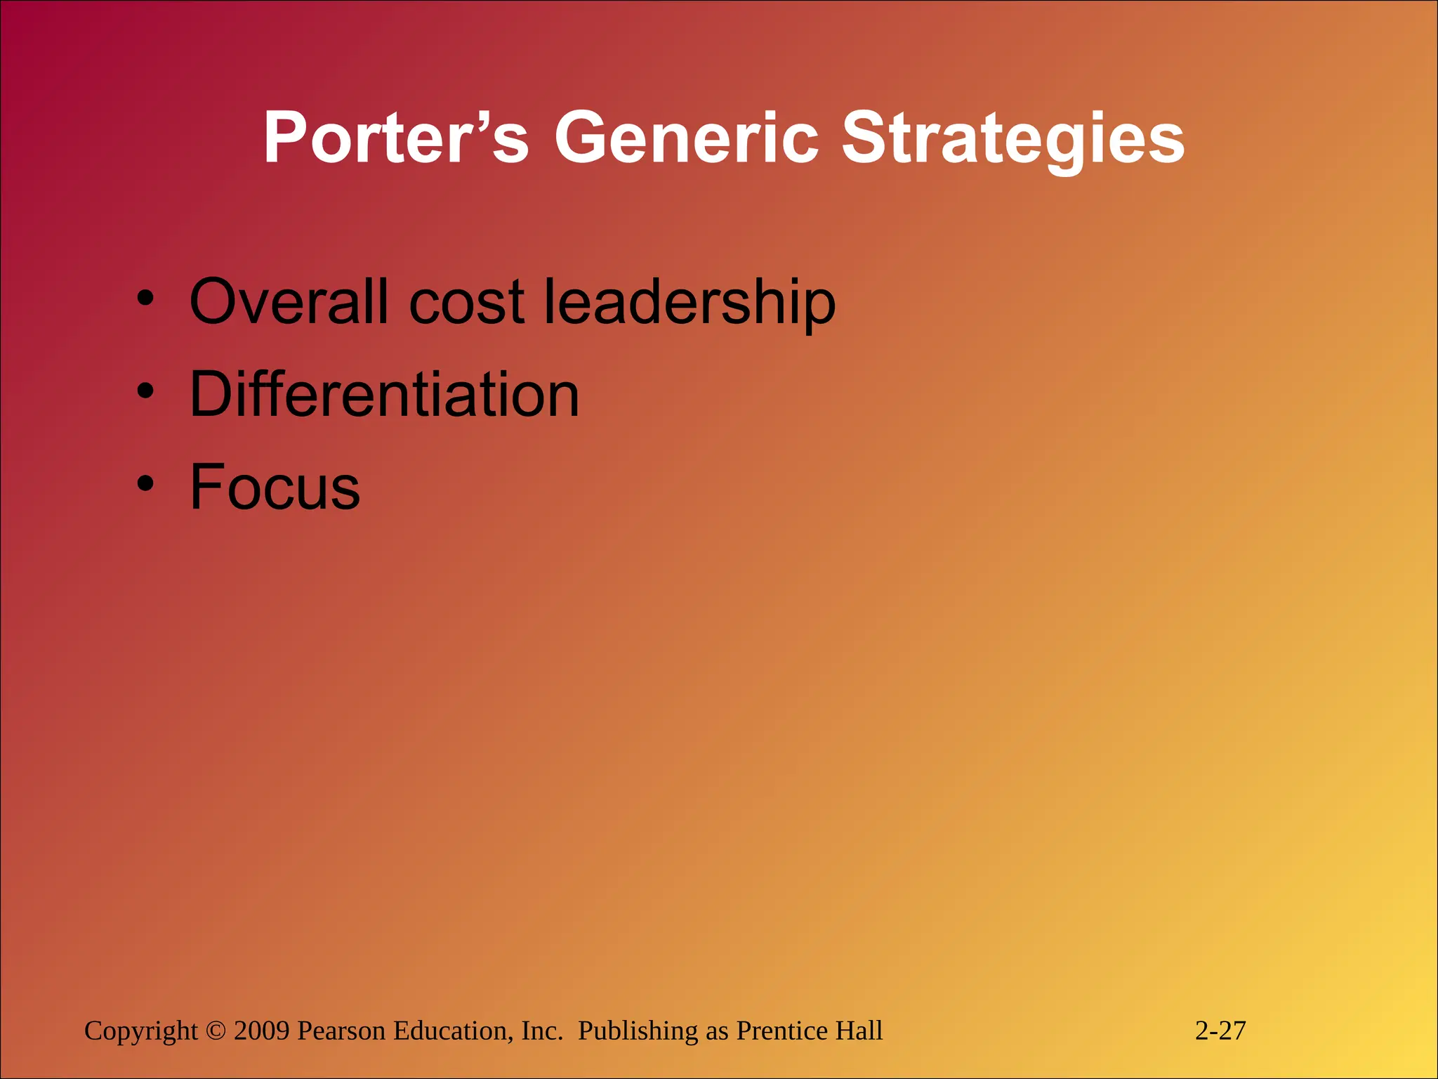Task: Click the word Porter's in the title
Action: pos(395,138)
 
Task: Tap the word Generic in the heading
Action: pos(686,138)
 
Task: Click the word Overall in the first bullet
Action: pos(289,301)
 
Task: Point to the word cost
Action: pos(466,303)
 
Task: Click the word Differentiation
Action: pos(385,395)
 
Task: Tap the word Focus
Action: pos(275,487)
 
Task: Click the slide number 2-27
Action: pos(1220,1031)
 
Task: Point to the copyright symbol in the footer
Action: pos(216,1031)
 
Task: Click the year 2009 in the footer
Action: pos(261,1031)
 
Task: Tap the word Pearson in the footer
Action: pos(341,1031)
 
